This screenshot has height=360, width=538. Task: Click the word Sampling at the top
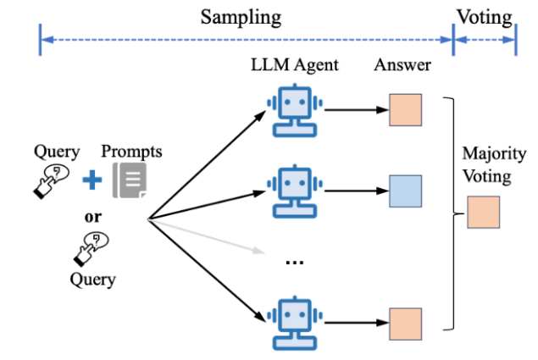pyautogui.click(x=241, y=16)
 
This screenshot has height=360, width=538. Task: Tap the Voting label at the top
pyautogui.click(x=484, y=16)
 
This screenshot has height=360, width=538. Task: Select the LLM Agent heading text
pyautogui.click(x=294, y=66)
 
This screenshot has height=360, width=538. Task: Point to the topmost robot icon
pyautogui.click(x=293, y=111)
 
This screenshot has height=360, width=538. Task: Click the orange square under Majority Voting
pyautogui.click(x=484, y=212)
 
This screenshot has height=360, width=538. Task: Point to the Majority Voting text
pyautogui.click(x=485, y=165)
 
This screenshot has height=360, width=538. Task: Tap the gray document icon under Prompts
pyautogui.click(x=130, y=180)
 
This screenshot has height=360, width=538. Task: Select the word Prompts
pyautogui.click(x=131, y=152)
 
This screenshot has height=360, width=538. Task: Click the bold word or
pyautogui.click(x=93, y=215)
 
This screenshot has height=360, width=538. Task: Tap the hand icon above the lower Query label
pyautogui.click(x=91, y=247)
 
